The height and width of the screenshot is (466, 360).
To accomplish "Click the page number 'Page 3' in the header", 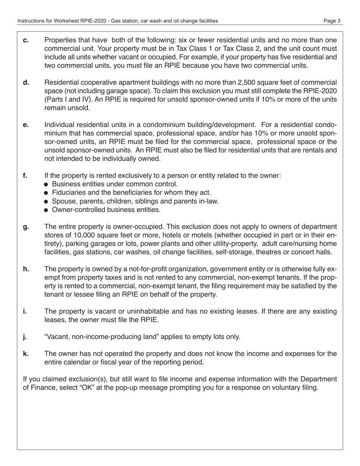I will (x=332, y=21).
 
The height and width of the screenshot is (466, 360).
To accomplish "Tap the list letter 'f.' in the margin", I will (x=25, y=176).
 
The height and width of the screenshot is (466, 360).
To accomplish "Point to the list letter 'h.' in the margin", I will (x=26, y=269).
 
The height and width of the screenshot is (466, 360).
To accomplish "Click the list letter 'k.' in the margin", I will (x=26, y=353).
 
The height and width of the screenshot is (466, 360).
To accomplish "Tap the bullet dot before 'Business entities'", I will (x=46, y=185).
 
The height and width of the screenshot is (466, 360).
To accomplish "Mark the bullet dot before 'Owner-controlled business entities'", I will (x=46, y=210).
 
